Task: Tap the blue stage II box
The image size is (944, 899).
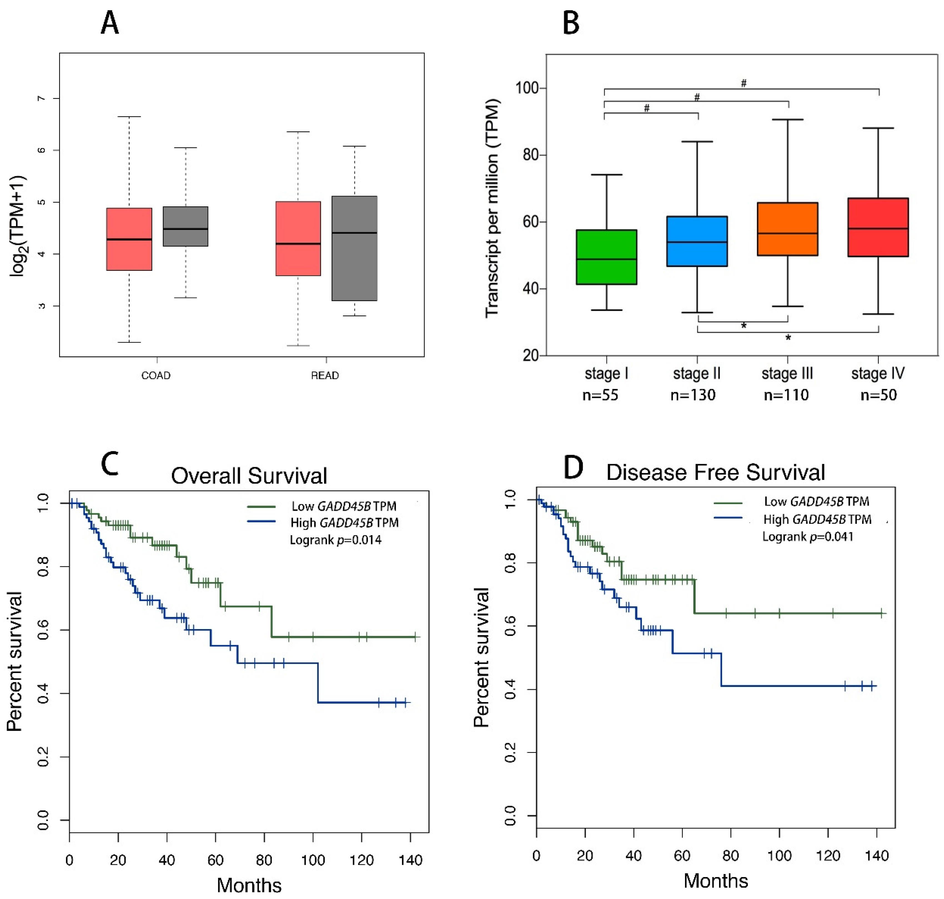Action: [x=697, y=242]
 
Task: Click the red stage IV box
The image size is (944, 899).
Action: [x=878, y=227]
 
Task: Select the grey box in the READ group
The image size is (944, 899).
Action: [x=355, y=248]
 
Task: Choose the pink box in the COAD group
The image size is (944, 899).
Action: [x=129, y=239]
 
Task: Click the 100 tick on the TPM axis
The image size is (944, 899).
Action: [x=527, y=88]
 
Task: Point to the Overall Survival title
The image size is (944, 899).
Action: [x=249, y=476]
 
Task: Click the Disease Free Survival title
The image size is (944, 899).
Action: [x=715, y=472]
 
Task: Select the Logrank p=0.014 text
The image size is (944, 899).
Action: [x=335, y=540]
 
